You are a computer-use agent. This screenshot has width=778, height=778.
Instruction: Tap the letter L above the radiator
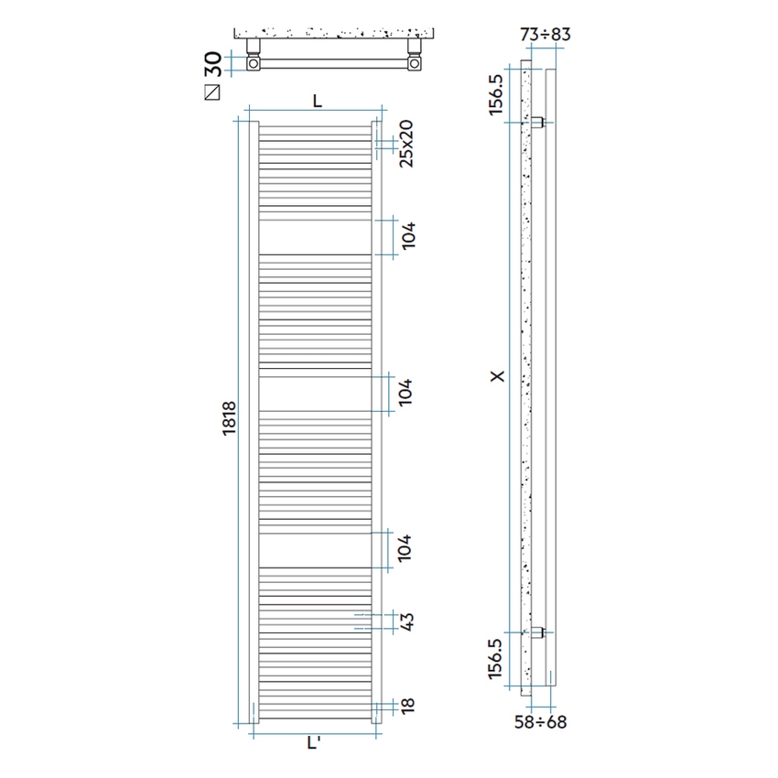(x=317, y=102)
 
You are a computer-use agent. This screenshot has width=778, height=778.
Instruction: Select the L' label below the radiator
(x=314, y=744)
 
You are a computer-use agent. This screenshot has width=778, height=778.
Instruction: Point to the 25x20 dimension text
(x=407, y=144)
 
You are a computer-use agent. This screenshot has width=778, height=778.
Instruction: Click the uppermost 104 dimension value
(x=407, y=236)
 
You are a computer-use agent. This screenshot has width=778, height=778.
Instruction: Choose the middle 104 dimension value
(x=407, y=392)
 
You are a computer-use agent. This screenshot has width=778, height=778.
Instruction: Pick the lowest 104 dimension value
(x=407, y=549)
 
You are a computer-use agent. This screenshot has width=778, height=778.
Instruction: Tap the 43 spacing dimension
(x=407, y=622)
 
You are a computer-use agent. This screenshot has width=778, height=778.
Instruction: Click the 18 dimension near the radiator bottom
(x=407, y=706)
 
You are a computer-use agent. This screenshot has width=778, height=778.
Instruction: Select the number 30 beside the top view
(x=212, y=64)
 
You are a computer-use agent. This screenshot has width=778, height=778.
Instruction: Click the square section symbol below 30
(x=213, y=92)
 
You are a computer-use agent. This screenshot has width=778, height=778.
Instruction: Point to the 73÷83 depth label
(x=546, y=35)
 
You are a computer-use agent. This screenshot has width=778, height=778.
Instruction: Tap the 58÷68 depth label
(x=539, y=722)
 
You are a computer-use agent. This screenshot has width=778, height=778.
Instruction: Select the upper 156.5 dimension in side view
(x=496, y=93)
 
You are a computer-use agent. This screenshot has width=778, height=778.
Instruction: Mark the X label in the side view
(x=496, y=375)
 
